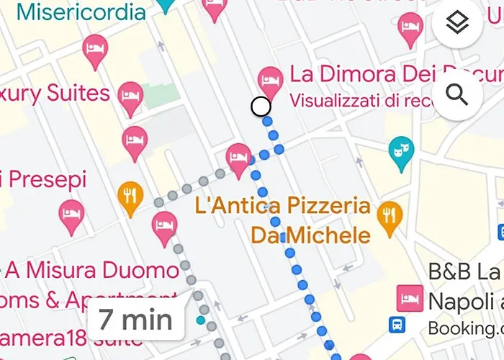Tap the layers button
[x=457, y=24]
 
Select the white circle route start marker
[x=261, y=107]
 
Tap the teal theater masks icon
[x=397, y=150]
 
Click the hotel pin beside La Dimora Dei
[x=270, y=79]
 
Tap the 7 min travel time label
[x=136, y=318]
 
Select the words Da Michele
[x=310, y=235]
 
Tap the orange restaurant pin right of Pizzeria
[x=390, y=214]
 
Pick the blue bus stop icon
[x=396, y=325]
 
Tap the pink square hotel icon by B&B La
[x=409, y=297]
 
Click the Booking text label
[x=464, y=328]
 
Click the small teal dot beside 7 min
[x=200, y=320]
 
